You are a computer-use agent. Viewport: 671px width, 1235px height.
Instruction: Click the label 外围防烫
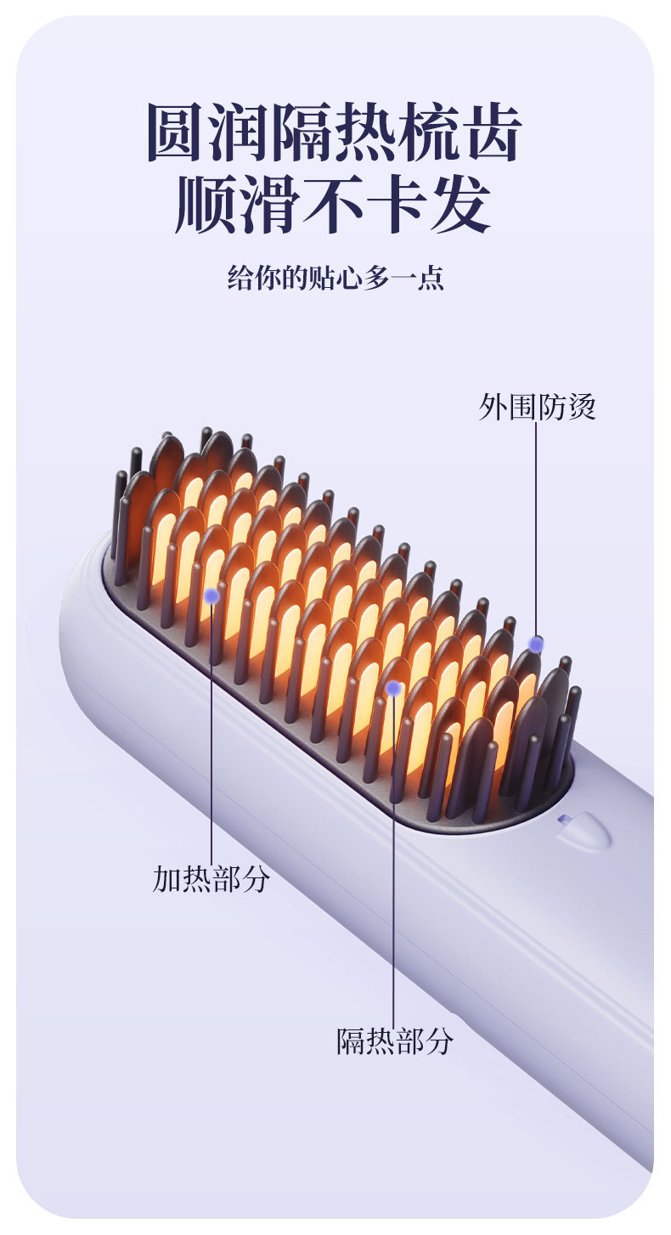coord(537,408)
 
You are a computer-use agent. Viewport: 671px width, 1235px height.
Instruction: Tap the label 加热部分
coord(211,879)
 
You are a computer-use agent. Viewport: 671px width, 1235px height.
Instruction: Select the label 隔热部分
coord(395,1040)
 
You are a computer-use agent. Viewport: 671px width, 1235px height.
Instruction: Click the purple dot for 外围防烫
coord(536,644)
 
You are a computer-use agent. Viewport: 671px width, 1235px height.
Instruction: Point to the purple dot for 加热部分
coord(211,596)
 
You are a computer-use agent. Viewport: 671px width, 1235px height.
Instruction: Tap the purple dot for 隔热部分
coord(393,688)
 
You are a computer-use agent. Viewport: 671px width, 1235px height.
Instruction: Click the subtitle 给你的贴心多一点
coord(335,278)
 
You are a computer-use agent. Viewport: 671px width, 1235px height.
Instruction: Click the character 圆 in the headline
coord(178,133)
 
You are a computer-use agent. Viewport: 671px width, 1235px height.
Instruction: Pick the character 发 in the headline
coord(460,205)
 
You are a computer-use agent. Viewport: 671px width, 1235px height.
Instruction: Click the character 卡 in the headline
coord(398,205)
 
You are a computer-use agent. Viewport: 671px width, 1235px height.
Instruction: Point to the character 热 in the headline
coord(366,133)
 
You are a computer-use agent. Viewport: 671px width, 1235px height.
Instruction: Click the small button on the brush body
coord(584,831)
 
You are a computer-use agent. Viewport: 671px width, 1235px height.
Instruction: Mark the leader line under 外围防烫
coord(536,527)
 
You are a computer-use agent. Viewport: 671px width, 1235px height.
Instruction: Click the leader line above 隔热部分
coord(393,858)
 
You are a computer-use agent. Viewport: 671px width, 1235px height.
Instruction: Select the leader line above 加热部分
coord(211,730)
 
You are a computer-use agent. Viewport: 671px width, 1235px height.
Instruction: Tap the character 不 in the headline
coord(335,205)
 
